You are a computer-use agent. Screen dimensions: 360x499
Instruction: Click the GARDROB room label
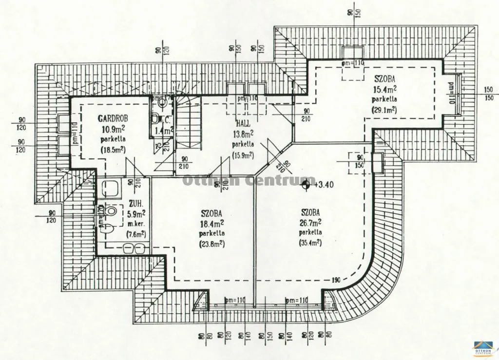[x=113, y=118]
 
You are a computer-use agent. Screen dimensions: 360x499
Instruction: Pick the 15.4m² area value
[x=384, y=89]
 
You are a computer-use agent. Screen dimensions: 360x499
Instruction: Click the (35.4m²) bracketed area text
[x=310, y=243]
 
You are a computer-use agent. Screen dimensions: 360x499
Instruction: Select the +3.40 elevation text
[x=324, y=185]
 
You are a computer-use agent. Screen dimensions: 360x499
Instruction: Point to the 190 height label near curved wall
[x=336, y=280]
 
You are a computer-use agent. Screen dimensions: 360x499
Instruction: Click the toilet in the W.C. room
[x=155, y=118]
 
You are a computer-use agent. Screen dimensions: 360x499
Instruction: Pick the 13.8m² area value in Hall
[x=243, y=134]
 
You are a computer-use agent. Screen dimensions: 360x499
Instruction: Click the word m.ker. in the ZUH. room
[x=136, y=224]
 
